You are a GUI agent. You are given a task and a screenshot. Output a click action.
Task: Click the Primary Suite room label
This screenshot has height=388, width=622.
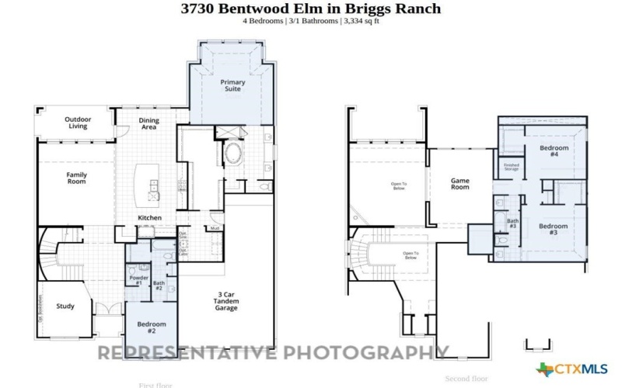click(232, 85)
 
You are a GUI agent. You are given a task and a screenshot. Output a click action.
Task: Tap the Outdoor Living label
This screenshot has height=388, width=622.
click(78, 123)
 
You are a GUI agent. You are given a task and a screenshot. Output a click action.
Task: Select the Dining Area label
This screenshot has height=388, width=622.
click(149, 123)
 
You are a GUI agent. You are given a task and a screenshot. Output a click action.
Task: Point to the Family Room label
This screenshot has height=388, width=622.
click(76, 178)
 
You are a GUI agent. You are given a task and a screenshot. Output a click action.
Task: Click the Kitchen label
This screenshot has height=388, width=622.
click(149, 218)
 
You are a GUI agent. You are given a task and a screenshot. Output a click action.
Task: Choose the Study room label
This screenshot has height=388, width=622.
click(65, 306)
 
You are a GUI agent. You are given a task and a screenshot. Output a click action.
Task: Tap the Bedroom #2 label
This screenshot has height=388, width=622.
click(152, 327)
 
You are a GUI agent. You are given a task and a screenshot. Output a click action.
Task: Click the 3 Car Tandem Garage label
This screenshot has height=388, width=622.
click(226, 301)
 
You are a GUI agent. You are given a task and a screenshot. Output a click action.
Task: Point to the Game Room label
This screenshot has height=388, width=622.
click(460, 184)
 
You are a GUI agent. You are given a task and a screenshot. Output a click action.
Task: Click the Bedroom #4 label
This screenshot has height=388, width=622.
click(554, 151)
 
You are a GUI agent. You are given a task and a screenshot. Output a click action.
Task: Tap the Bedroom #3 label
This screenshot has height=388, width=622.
click(554, 229)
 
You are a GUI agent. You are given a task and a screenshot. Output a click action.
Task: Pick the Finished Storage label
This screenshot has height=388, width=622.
click(511, 166)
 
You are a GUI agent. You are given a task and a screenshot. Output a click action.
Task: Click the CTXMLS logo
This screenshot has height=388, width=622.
click(571, 369)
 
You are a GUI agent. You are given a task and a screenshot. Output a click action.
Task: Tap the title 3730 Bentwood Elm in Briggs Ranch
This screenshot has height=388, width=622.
click(311, 9)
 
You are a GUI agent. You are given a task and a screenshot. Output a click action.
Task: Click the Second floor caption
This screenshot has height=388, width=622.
click(466, 379)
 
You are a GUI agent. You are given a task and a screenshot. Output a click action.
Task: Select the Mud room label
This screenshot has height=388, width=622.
click(214, 228)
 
